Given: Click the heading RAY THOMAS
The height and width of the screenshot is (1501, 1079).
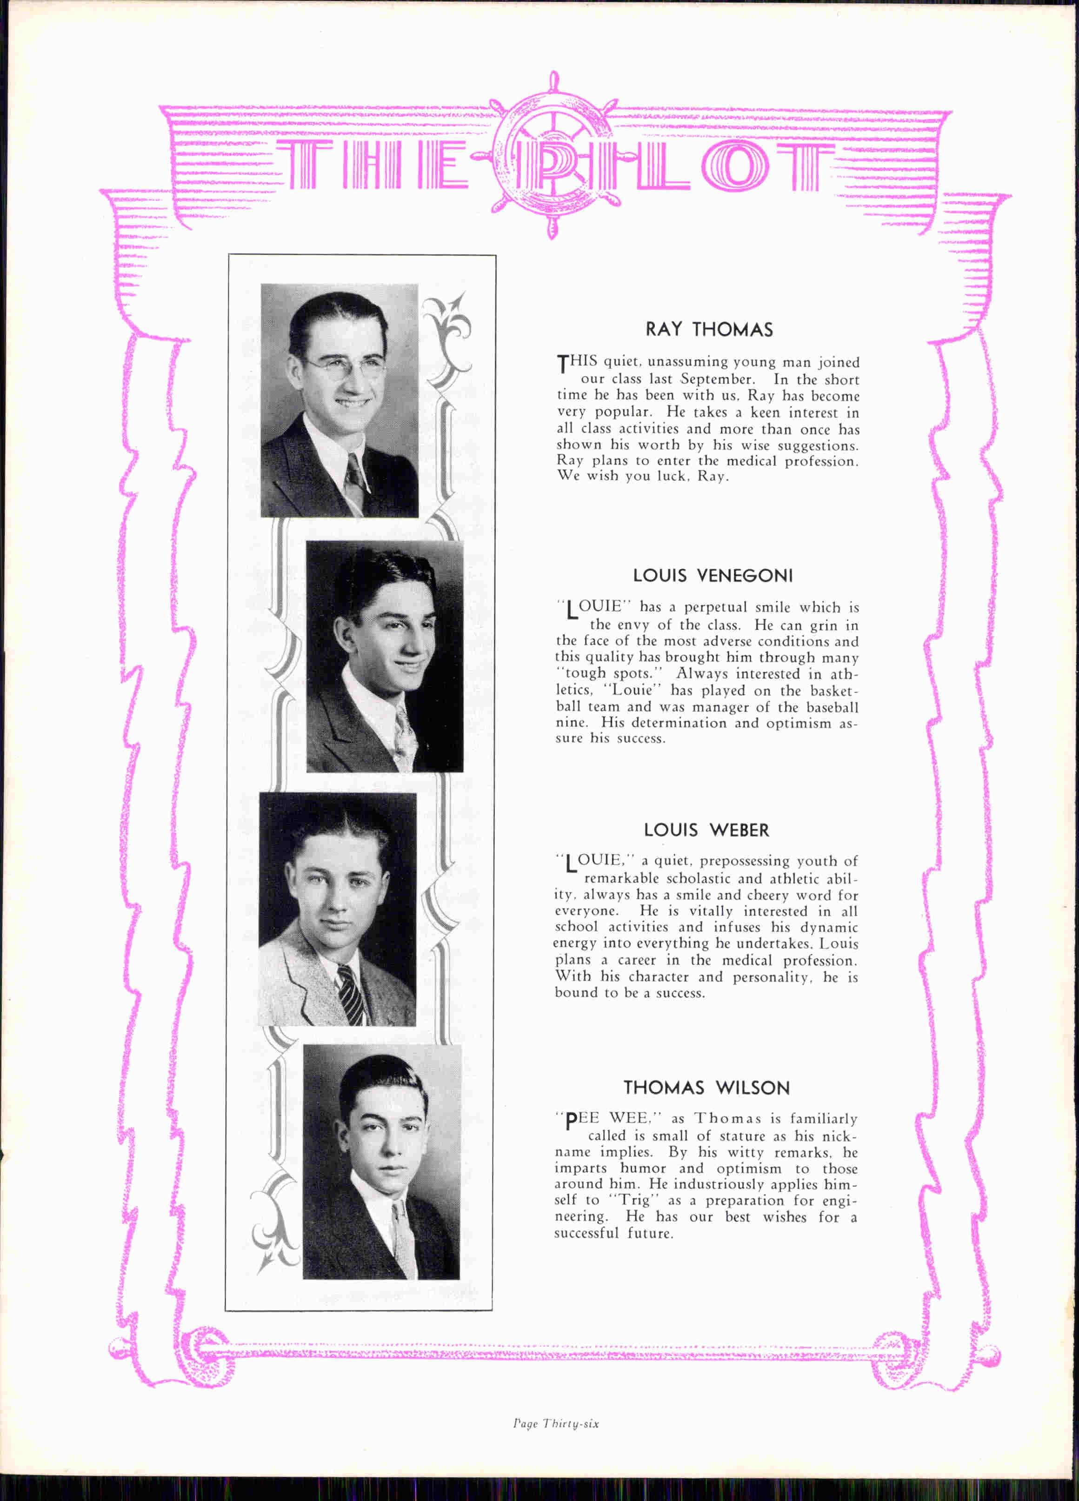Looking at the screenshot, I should [709, 330].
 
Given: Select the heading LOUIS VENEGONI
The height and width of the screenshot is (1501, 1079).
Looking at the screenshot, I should [712, 576].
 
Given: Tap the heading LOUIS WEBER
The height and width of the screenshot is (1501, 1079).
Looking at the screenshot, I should [706, 830].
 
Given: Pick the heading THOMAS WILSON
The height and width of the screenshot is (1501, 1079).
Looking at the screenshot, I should [707, 1088].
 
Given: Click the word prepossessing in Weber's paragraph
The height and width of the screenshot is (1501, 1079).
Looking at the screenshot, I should [744, 862].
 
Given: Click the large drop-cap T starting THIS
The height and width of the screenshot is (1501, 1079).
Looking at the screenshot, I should [563, 363].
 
